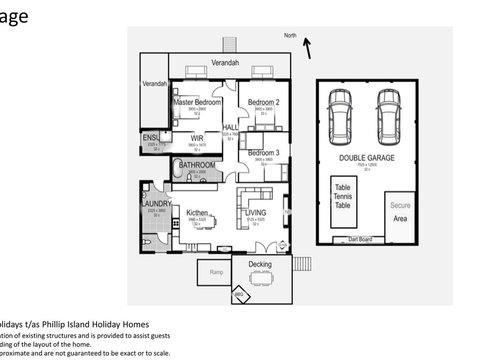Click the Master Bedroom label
coord(196,102)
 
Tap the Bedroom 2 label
coord(263,102)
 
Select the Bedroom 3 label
coord(263,152)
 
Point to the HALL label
coord(230,127)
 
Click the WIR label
coord(197,137)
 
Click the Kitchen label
coord(196,212)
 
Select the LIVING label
coord(255,212)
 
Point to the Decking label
coord(260,264)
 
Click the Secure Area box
coord(399,212)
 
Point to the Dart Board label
coord(359,240)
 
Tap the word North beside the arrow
coord(290,35)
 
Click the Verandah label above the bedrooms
coord(226,63)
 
